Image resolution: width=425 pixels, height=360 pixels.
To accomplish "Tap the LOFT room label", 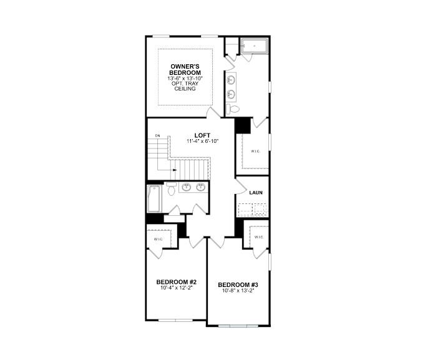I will point(202,135).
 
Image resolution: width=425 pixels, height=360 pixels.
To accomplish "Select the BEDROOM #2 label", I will point(177,281).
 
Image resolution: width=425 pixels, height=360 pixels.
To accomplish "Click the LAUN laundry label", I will point(256,193).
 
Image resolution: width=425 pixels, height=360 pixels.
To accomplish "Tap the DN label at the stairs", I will point(158,135).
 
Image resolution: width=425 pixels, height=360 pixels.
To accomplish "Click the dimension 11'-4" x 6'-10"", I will point(202,142).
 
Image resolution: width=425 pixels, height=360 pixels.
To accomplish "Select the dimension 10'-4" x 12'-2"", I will point(177,288).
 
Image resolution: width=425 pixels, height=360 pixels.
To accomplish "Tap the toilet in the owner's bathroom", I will point(233,109).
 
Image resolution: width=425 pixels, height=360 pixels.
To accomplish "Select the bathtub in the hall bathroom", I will point(154,198).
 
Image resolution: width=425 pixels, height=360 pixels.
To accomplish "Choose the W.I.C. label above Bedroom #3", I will point(258,237).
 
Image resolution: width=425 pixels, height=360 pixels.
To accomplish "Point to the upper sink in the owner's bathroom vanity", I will point(232,79).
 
